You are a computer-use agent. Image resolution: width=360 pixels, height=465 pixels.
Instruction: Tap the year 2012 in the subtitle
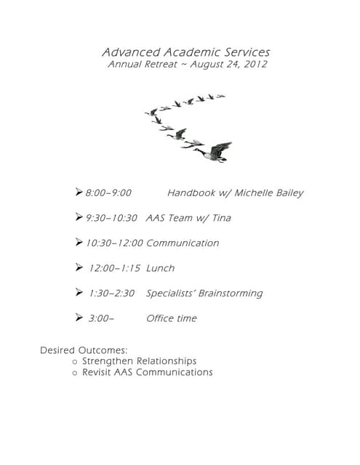click(x=255, y=64)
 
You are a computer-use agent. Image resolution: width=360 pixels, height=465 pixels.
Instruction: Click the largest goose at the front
click(x=215, y=151)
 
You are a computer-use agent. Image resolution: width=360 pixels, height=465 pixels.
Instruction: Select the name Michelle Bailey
click(x=268, y=193)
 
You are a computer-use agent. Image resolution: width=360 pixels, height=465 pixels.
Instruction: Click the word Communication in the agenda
click(x=182, y=243)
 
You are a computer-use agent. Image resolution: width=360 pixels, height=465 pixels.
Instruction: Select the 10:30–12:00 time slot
click(x=114, y=243)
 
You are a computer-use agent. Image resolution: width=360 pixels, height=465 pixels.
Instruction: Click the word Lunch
click(x=160, y=268)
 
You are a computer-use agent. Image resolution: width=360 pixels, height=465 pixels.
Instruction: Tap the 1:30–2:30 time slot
click(x=111, y=294)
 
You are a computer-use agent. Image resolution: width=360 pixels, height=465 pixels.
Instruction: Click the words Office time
click(x=171, y=318)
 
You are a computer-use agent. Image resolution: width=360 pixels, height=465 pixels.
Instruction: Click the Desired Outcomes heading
click(x=84, y=350)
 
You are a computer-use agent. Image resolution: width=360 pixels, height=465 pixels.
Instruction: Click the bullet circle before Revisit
click(x=75, y=373)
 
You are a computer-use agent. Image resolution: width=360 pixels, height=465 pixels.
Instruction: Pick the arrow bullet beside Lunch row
click(x=79, y=267)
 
